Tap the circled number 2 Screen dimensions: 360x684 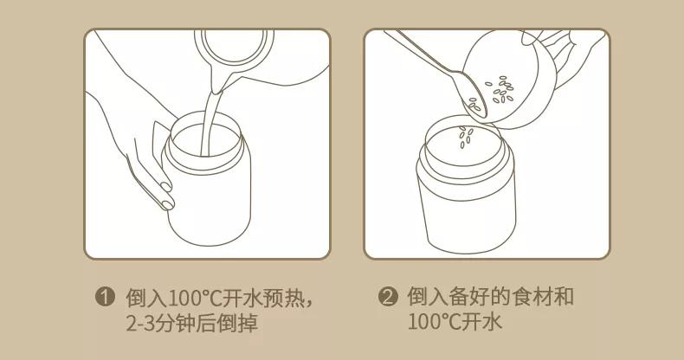point(389,298)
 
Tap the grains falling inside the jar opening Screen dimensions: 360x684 point(465,135)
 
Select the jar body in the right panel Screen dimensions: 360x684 point(468,203)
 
